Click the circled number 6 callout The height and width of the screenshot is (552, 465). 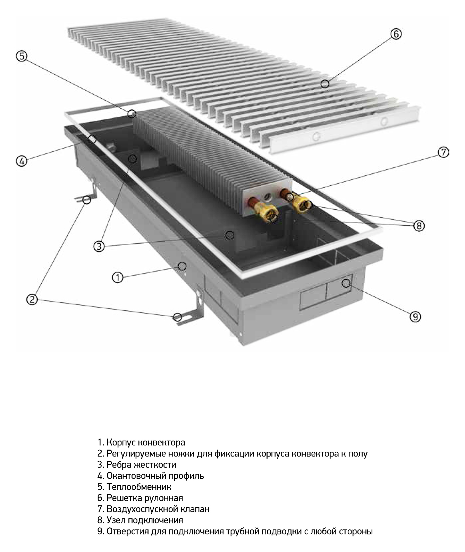[x=396, y=34]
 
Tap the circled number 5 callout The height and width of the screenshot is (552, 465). [x=22, y=56]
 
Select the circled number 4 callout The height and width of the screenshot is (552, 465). [x=22, y=161]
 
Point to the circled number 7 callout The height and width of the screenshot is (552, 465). [x=443, y=152]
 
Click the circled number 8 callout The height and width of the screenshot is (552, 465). [x=419, y=226]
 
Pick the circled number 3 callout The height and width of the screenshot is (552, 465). [x=99, y=246]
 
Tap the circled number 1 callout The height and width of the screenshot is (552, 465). [x=118, y=278]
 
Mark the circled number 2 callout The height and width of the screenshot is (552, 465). [x=32, y=299]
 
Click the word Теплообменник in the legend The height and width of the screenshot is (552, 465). [x=139, y=487]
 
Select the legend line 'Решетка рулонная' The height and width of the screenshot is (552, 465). [x=145, y=498]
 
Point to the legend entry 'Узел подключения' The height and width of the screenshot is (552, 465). [x=145, y=520]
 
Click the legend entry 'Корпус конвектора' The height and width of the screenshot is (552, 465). [x=146, y=443]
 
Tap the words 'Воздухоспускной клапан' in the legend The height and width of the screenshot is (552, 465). [x=158, y=509]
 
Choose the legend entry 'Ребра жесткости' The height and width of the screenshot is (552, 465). [x=141, y=465]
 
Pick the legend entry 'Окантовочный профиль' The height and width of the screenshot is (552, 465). [x=155, y=476]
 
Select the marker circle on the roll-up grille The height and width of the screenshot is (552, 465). [x=325, y=84]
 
